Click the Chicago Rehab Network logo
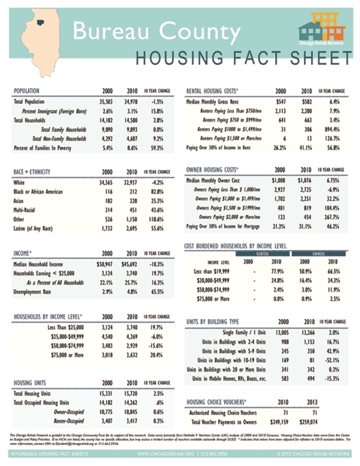click(x=322, y=31)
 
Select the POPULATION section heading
click(x=31, y=92)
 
